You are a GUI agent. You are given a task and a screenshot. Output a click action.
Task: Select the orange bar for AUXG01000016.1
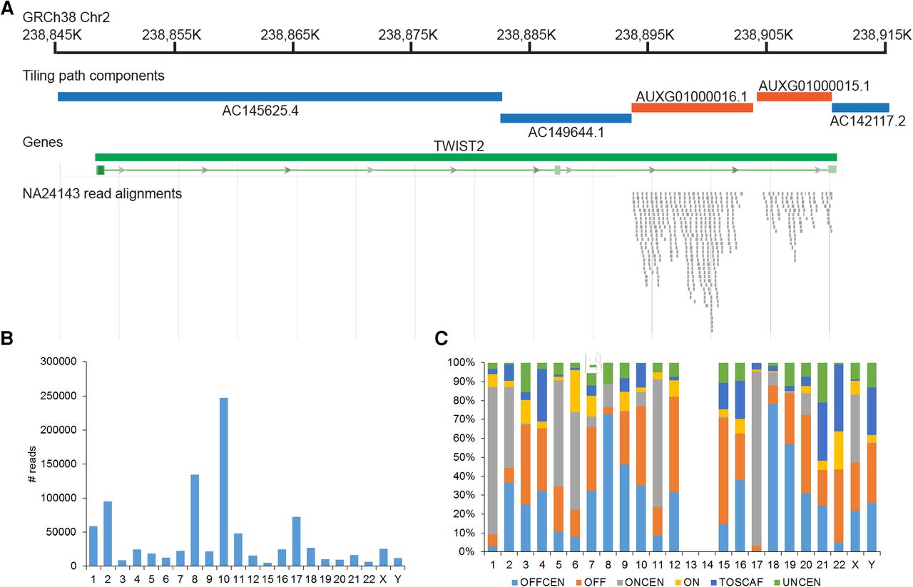692,108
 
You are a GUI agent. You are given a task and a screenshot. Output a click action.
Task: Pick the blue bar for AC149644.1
566,118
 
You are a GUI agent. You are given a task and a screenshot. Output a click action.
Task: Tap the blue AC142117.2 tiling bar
860,108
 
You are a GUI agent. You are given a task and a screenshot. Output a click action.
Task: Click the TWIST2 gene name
454,146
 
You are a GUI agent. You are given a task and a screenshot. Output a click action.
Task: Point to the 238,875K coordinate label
411,34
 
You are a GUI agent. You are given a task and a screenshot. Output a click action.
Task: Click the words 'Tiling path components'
93,75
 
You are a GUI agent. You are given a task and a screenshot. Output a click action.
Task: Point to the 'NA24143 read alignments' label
102,193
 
